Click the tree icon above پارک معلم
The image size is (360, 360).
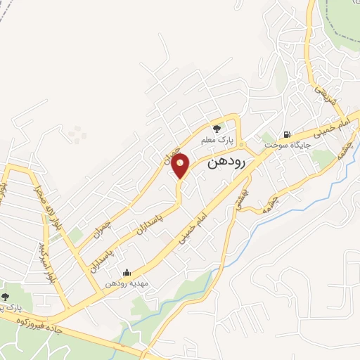[217, 129]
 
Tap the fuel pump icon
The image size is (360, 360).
[286, 134]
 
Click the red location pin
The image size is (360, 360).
[181, 165]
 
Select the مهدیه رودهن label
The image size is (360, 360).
[127, 283]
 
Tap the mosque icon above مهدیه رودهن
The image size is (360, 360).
[127, 272]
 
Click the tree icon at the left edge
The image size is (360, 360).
[6, 297]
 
